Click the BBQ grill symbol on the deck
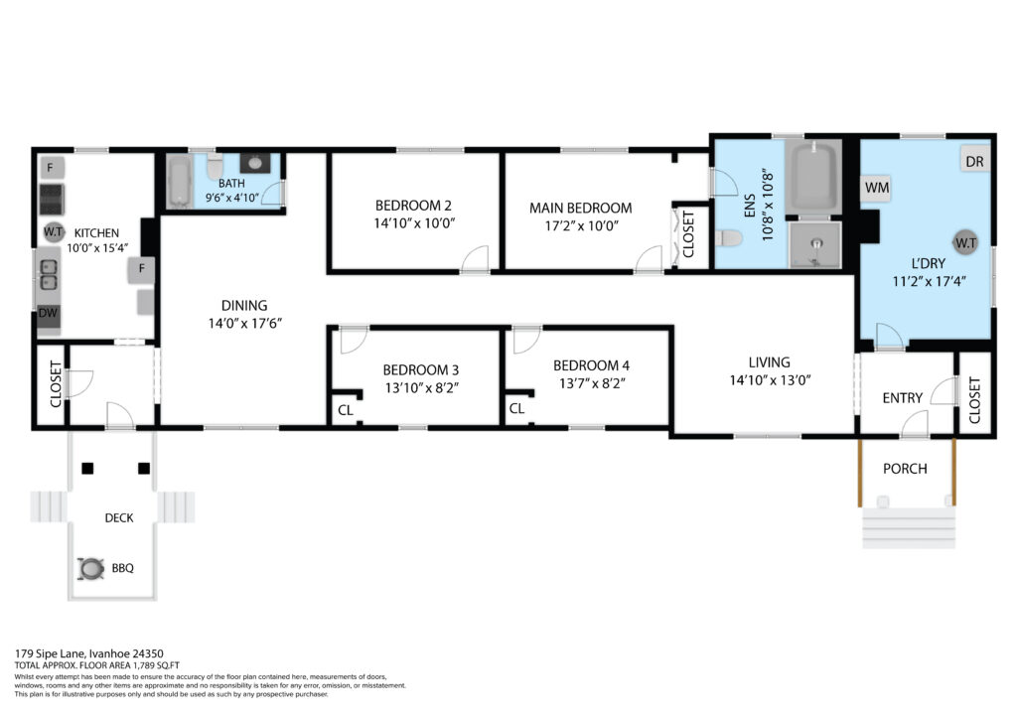90,569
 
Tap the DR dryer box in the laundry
974,162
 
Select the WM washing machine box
876,188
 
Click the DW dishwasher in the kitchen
48,314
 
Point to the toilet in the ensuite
729,238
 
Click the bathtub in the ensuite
813,177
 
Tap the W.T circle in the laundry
965,243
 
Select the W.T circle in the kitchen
53,231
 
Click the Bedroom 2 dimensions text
414,223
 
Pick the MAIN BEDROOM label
580,209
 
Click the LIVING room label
770,362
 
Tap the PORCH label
905,469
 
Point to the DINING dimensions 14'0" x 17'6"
245,324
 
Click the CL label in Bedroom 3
345,410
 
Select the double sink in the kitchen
49,274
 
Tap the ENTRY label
902,398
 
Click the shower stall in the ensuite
814,245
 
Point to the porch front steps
909,527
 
